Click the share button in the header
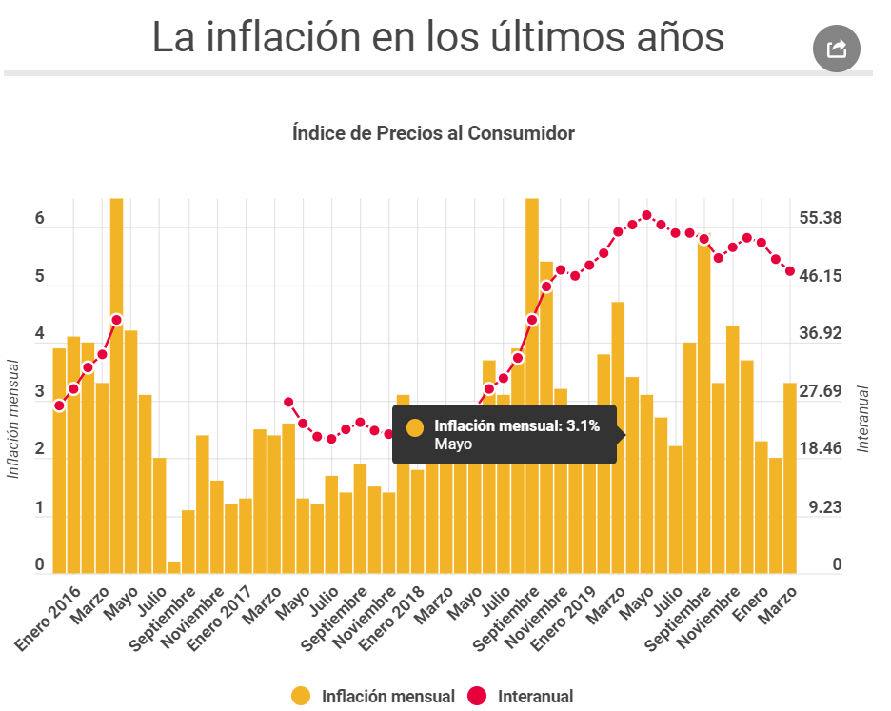pos(837,49)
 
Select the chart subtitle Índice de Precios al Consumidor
pos(433,133)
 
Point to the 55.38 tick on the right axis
pos(822,218)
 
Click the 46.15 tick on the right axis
pos(822,276)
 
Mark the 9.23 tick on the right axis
pos(823,507)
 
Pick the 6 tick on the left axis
pos(40,218)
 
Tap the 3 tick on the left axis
pos(40,392)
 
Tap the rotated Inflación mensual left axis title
pos(13,419)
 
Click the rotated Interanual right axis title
pos(863,419)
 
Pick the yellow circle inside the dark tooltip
pos(414,427)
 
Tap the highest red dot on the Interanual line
pos(646,215)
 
